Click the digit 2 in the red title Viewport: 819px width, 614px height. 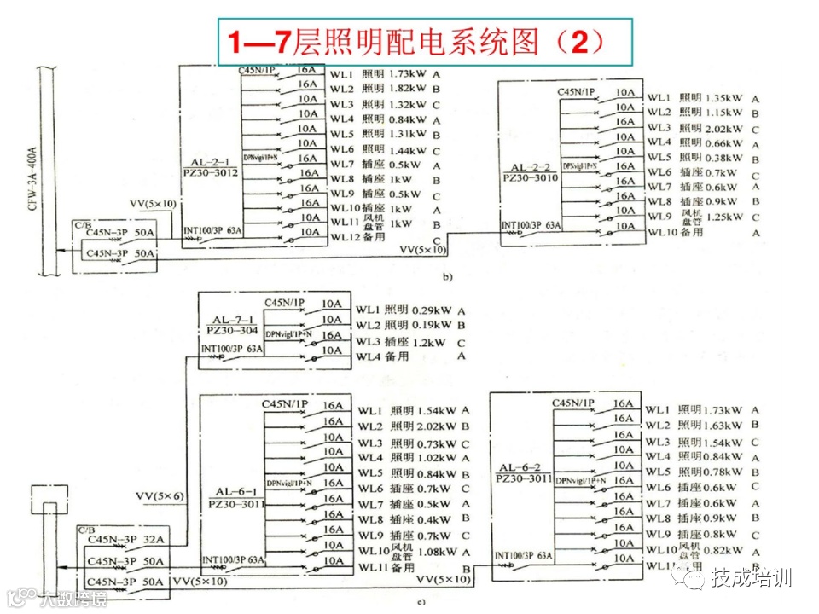579,40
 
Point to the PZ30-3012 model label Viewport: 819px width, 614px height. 210,172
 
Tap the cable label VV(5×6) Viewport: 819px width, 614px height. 160,495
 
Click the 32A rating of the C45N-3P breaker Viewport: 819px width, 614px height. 154,539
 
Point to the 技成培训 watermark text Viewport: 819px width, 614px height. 752,577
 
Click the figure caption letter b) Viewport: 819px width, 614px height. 445,277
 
